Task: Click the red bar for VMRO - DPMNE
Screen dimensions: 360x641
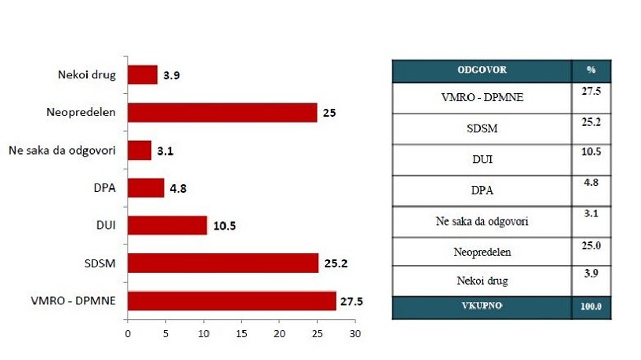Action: (231, 301)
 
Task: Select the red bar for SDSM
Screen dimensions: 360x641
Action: (223, 263)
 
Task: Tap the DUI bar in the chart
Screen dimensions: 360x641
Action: (167, 226)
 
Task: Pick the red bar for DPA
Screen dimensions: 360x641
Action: (146, 188)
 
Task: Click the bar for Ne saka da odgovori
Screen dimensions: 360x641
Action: (140, 150)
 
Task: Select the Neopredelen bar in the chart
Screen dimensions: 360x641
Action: (222, 112)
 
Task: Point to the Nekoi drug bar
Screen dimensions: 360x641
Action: (142, 75)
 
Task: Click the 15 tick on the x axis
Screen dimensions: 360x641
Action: (241, 333)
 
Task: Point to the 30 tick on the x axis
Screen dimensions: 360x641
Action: (355, 333)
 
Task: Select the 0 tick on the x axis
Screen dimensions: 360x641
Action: (128, 333)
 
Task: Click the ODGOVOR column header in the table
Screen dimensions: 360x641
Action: (481, 71)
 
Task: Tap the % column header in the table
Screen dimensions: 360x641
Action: (591, 71)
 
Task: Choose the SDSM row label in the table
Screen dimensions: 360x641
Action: (481, 129)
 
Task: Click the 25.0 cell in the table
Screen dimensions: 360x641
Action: (591, 247)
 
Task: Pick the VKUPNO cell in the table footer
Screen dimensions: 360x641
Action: (481, 306)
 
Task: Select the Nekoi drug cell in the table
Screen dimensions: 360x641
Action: (481, 281)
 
